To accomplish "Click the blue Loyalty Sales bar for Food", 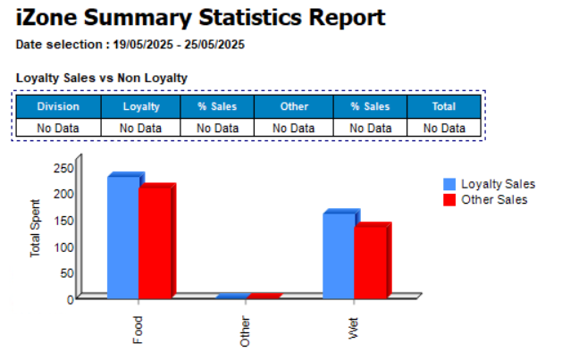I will pos(123,237).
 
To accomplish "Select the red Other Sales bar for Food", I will pos(155,241).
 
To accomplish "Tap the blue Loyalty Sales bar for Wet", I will pos(339,255).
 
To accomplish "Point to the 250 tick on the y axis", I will pos(63,167).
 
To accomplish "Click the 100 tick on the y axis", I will pos(63,246).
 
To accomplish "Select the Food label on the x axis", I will pos(138,330).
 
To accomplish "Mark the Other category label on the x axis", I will pos(246,331).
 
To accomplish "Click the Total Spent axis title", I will pos(36,228).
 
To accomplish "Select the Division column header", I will pos(58,106).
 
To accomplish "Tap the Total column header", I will pos(444,106).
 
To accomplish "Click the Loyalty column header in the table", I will pos(141,106).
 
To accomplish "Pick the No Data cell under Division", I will pos(58,128).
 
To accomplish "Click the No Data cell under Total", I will pos(444,128).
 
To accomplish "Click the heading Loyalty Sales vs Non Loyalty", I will pos(102,78).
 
